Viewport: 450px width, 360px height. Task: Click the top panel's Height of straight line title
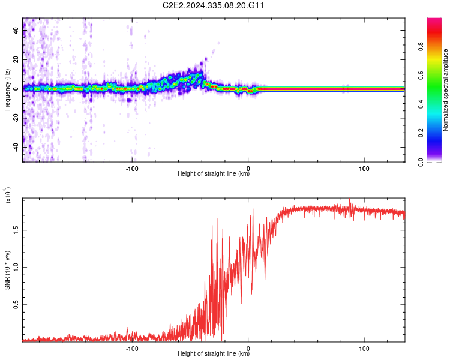point(214,174)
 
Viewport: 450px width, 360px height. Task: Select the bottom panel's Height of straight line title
point(214,354)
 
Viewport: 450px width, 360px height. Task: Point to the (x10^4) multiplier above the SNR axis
point(8,195)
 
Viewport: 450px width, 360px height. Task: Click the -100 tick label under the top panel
point(133,168)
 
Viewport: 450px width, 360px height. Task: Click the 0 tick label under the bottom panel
point(248,348)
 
